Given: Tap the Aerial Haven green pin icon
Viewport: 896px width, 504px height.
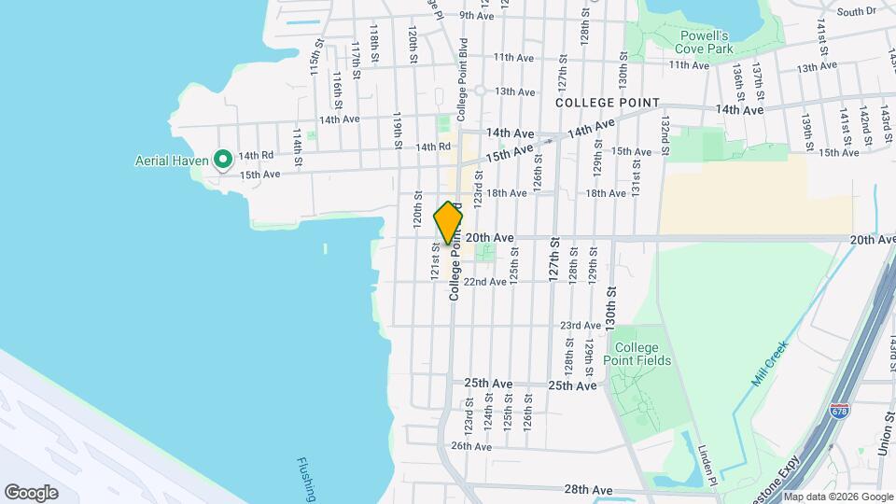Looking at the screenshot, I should pos(222,160).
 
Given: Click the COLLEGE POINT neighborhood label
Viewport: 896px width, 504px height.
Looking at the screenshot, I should pos(608,103).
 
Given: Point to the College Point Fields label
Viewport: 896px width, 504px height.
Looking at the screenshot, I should pos(642,354).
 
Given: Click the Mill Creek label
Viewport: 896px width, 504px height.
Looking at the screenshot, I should pos(770,363).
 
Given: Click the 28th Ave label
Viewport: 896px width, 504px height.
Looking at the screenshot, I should pos(588,489).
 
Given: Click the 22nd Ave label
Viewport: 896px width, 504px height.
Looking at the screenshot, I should pos(486,282).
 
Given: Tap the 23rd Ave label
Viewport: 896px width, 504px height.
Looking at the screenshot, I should pos(580,326).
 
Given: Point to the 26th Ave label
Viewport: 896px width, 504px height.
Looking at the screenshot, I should pos(471,446).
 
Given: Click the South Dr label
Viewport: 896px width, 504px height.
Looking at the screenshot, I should pos(857,11).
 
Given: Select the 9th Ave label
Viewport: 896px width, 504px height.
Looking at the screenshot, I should pos(476,16).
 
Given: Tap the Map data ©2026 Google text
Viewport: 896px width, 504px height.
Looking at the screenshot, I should pos(836,497).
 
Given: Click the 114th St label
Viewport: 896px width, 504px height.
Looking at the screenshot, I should pos(298,147).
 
